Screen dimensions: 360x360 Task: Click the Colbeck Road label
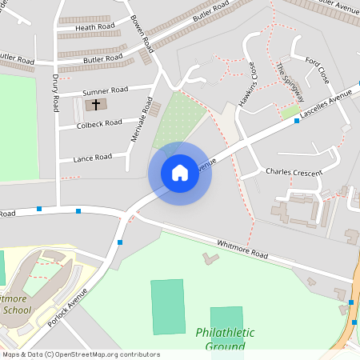(x=99, y=122)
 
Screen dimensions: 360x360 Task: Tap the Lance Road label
(x=92, y=158)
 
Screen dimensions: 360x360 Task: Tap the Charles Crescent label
(x=294, y=172)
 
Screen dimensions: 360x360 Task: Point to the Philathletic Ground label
(x=225, y=338)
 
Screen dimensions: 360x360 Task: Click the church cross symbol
(x=96, y=104)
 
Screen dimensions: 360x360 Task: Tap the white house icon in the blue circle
(x=180, y=173)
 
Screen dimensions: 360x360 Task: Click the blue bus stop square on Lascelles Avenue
(x=297, y=121)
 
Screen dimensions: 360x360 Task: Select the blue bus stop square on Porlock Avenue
(x=120, y=242)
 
